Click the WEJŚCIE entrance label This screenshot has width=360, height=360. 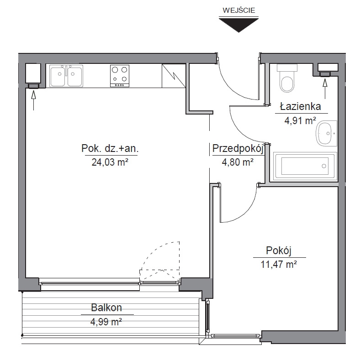tap(238, 10)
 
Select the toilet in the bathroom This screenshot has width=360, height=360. tap(287, 78)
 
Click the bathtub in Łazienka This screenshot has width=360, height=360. tap(305, 166)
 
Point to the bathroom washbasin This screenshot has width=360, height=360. tap(327, 133)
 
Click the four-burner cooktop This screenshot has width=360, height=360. tap(120, 76)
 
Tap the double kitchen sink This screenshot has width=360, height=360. tap(66, 76)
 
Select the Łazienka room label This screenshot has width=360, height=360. tap(300, 106)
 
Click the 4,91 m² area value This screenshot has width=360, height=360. tap(300, 120)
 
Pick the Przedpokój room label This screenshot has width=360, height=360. tap(238, 149)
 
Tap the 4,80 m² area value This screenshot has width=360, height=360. tap(238, 162)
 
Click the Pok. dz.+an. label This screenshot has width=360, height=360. tap(110, 149)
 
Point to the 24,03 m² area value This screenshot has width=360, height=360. tap(110, 162)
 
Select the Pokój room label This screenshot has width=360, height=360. tap(279, 250)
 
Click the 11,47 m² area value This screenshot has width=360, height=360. tap(279, 264)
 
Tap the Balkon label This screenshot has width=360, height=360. tap(106, 308)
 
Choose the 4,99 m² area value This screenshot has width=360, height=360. tap(106, 322)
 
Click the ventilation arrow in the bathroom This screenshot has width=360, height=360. tap(325, 89)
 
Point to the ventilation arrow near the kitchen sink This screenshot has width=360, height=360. tap(33, 100)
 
